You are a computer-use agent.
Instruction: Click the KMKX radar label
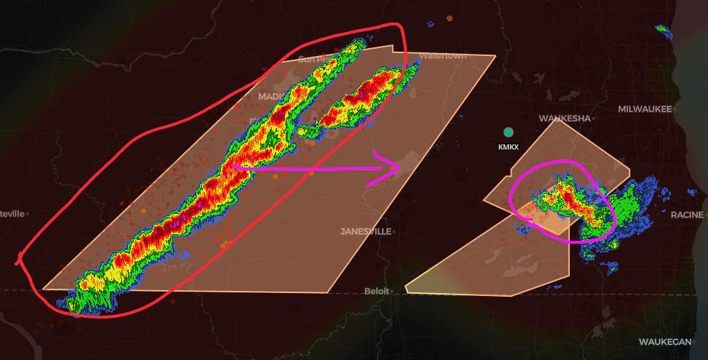pos(508,147)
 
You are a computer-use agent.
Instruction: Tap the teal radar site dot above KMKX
pos(508,132)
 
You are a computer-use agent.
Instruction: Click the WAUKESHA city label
pos(564,118)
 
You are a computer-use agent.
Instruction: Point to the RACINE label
pos(687,215)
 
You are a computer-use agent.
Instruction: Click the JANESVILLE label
pos(365,231)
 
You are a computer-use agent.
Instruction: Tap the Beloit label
pos(376,291)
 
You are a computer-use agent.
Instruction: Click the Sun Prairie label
pos(314,59)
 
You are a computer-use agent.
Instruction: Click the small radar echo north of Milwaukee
pos(662,30)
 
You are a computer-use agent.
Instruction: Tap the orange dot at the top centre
pos(449,17)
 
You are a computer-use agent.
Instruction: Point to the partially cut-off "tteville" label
pos(12,213)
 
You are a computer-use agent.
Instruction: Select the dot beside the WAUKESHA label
pos(593,118)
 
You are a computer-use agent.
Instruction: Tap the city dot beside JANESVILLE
pos(393,231)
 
